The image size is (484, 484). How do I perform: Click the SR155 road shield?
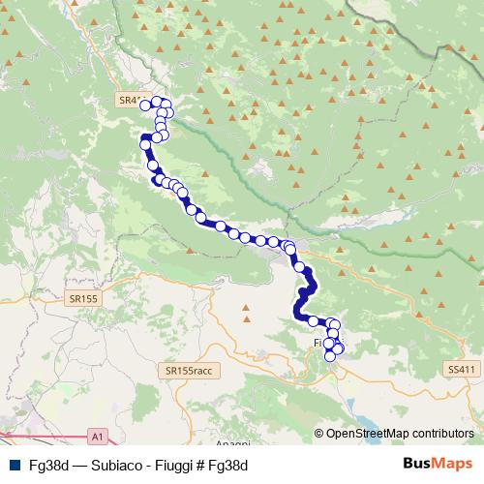click(84, 301)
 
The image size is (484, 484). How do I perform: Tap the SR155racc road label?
click(189, 371)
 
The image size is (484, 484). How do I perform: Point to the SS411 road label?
click(463, 370)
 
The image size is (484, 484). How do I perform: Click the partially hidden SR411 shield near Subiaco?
click(126, 99)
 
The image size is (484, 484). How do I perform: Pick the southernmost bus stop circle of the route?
click(330, 356)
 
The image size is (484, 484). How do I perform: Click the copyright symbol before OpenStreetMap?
click(319, 435)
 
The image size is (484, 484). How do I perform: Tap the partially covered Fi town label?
click(317, 344)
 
